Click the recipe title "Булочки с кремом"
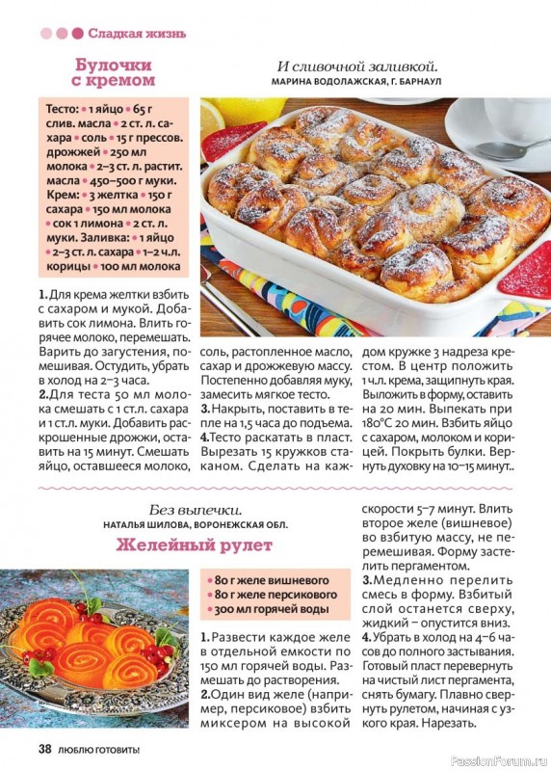pos(115,72)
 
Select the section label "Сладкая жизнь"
pos(137,34)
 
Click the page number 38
pos(45,749)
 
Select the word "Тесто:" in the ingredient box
pos(62,109)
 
